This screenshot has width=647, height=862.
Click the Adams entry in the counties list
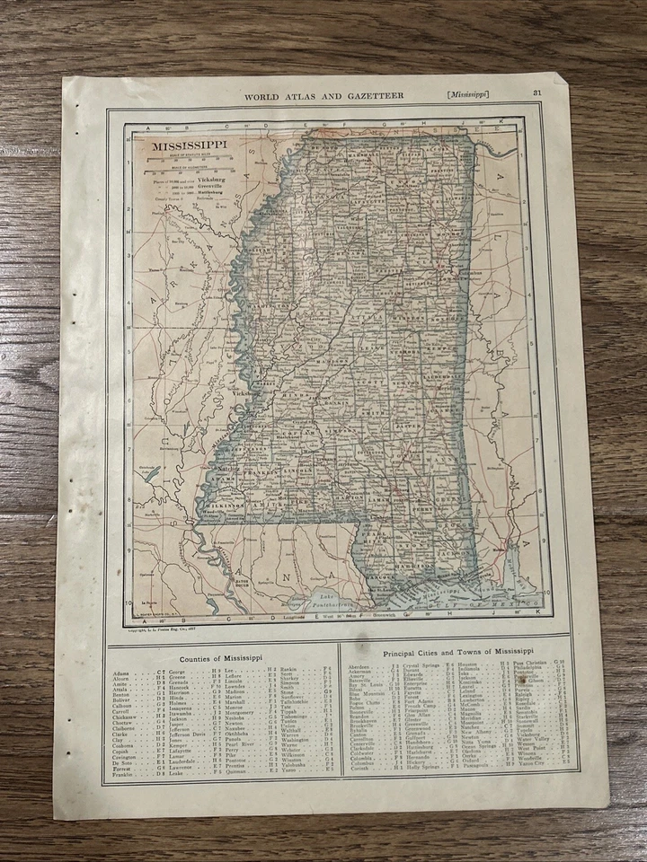tap(122, 672)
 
